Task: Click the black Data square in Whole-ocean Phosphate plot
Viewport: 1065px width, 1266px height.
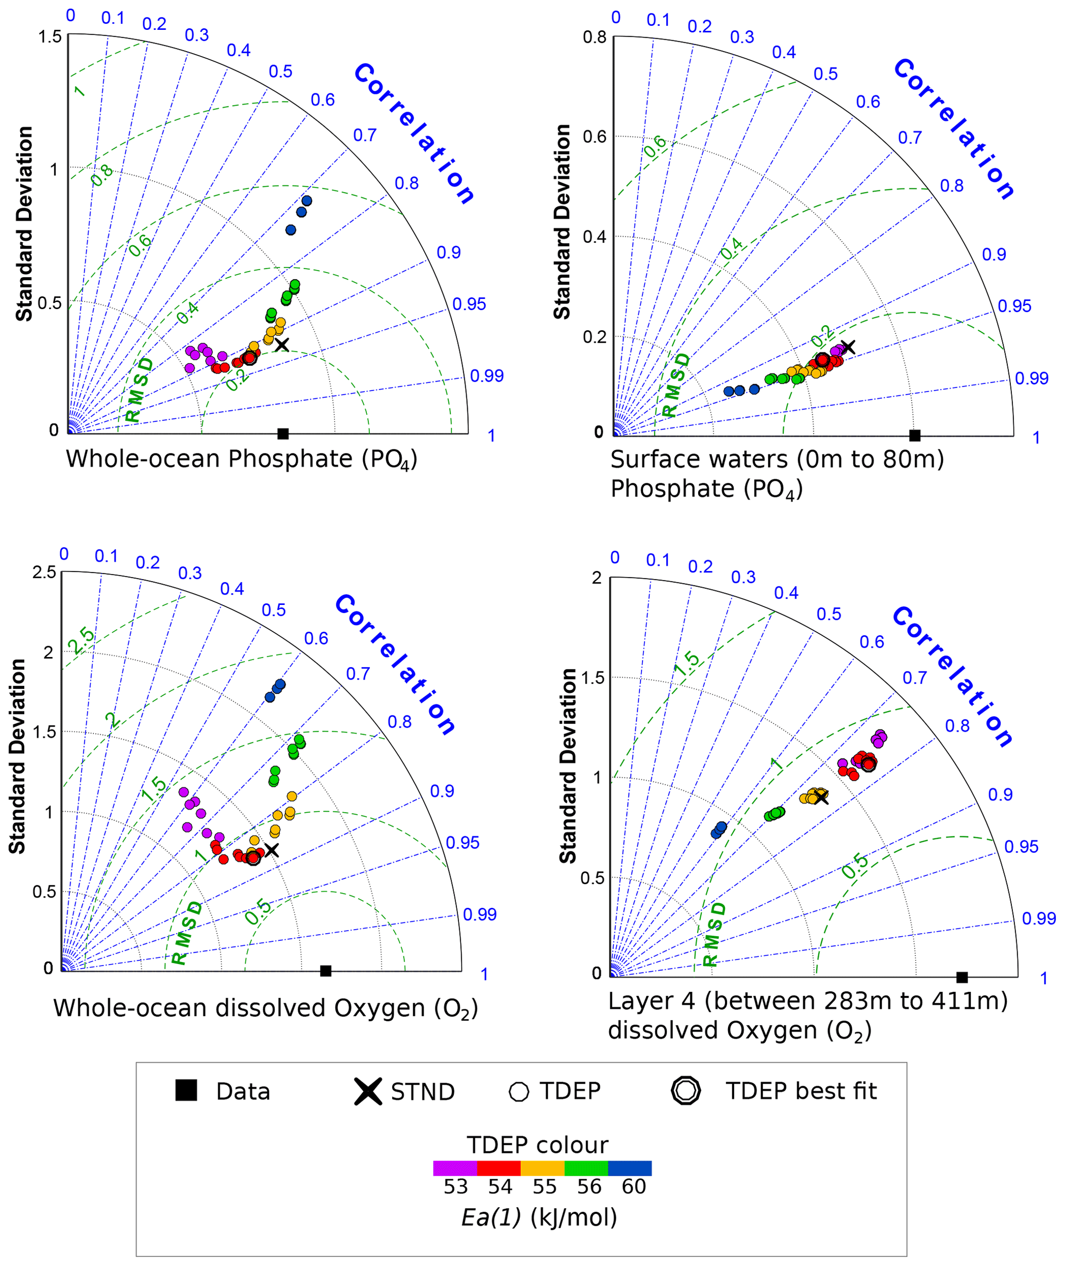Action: pyautogui.click(x=282, y=433)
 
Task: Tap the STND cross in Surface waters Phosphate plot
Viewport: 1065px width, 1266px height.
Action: pyautogui.click(x=848, y=347)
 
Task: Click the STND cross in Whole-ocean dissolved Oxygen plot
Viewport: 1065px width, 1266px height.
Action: pyautogui.click(x=272, y=850)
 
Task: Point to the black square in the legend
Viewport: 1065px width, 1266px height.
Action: pyautogui.click(x=186, y=1091)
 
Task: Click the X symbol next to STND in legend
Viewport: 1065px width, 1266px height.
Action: pyautogui.click(x=368, y=1091)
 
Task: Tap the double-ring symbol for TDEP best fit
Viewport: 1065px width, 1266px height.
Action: pyautogui.click(x=686, y=1091)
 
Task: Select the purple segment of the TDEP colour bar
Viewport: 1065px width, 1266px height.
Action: pyautogui.click(x=454, y=1168)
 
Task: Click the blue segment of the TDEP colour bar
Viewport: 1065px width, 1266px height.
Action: pyautogui.click(x=630, y=1168)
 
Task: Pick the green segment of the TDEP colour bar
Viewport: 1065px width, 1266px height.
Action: pyautogui.click(x=586, y=1168)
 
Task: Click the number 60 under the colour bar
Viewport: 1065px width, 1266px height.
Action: pyautogui.click(x=633, y=1187)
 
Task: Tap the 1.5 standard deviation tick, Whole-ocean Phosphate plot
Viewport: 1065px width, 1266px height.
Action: pyautogui.click(x=49, y=36)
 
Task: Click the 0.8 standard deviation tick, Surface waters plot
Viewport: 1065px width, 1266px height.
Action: pyautogui.click(x=594, y=38)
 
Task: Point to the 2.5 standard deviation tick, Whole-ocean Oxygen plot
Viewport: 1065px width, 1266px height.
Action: pyautogui.click(x=44, y=572)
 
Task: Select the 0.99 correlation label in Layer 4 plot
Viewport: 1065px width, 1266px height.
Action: pyautogui.click(x=1038, y=918)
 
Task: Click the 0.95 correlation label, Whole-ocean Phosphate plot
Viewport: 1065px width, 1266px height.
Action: pyautogui.click(x=469, y=305)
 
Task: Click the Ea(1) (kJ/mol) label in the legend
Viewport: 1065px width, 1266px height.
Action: pyautogui.click(x=539, y=1217)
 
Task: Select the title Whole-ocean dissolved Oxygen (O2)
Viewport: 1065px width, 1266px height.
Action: pyautogui.click(x=266, y=1008)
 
